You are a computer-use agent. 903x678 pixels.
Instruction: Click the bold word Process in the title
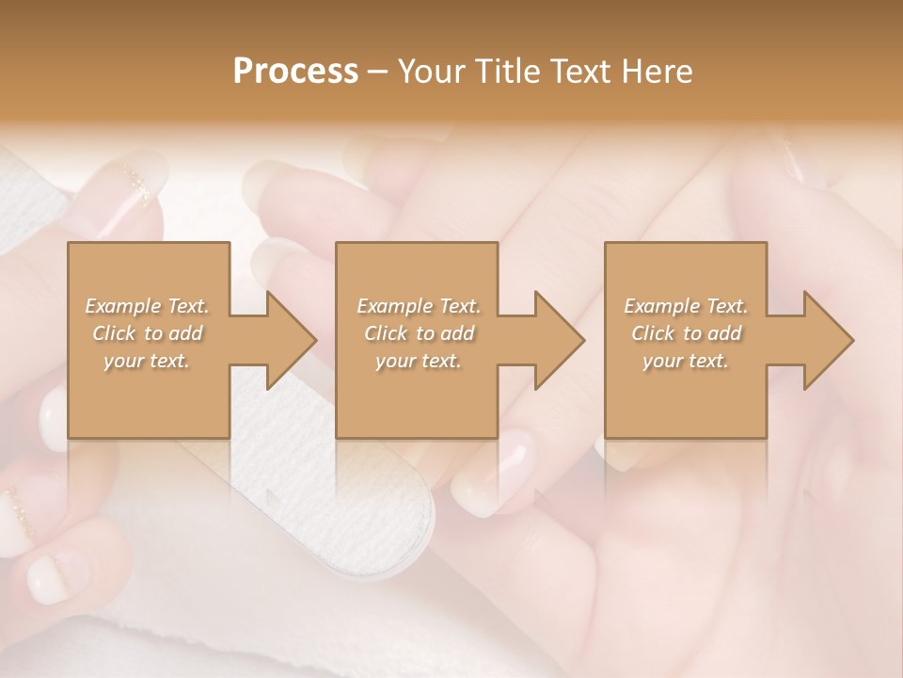tap(295, 72)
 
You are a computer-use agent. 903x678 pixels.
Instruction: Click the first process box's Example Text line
tap(147, 306)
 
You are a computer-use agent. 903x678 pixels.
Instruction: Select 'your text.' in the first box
tap(147, 361)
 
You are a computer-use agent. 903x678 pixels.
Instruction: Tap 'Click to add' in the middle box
tap(419, 333)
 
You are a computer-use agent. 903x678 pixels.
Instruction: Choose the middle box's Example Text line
tap(419, 306)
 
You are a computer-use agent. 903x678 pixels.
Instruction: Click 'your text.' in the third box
tap(686, 361)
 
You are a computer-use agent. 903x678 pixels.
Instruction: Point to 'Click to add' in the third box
tap(686, 333)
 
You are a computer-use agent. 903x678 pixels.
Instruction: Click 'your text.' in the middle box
tap(419, 361)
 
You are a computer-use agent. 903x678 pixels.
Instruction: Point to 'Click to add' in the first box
tap(147, 333)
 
